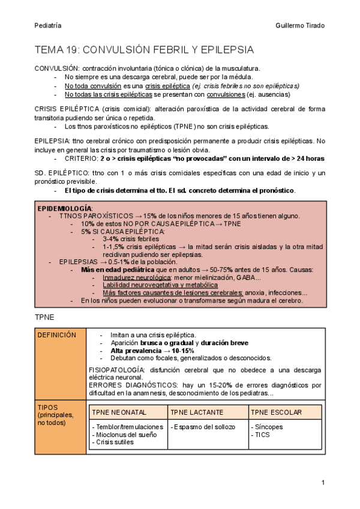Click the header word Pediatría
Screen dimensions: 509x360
click(47, 25)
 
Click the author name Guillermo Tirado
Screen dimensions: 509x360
click(299, 25)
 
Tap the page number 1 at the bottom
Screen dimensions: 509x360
click(323, 483)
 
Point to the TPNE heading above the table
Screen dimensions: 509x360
click(45, 316)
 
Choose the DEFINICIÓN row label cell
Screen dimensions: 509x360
click(56, 335)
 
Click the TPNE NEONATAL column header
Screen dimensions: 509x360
click(119, 412)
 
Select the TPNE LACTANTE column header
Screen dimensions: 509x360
click(197, 412)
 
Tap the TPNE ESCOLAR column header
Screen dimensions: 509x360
click(277, 412)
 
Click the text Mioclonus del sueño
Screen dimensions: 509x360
click(123, 435)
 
